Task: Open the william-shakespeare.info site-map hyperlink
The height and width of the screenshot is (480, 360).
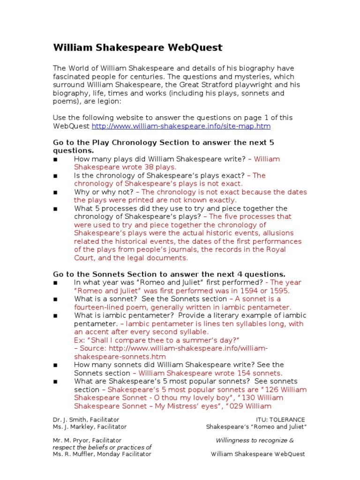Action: [x=181, y=126]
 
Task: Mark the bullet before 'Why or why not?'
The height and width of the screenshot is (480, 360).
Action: [x=55, y=192]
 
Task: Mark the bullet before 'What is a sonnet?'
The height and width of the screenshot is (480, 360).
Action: [x=55, y=299]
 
